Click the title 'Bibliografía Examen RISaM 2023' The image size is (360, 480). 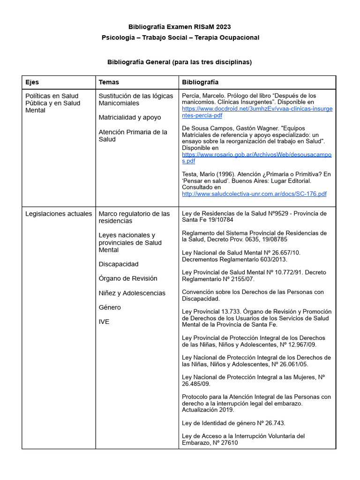point(180,27)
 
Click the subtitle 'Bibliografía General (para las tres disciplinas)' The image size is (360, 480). point(180,62)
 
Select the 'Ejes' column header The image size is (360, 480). point(32,82)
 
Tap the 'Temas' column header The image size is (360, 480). point(109,82)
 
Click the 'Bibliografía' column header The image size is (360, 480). point(200,82)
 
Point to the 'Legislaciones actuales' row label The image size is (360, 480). point(59,214)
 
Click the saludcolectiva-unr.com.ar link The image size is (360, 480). point(254,194)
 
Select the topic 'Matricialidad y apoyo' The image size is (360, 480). point(130,117)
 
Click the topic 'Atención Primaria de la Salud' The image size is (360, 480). point(133,135)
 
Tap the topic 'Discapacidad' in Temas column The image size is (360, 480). point(119,264)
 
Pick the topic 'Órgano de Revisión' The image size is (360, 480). point(128,278)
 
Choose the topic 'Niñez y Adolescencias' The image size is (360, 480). point(132,293)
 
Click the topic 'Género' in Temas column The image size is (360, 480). point(110,307)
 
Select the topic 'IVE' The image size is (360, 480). point(104,322)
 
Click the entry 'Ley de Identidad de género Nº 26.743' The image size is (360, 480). point(233,423)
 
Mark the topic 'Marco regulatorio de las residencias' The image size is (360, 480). point(134,217)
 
